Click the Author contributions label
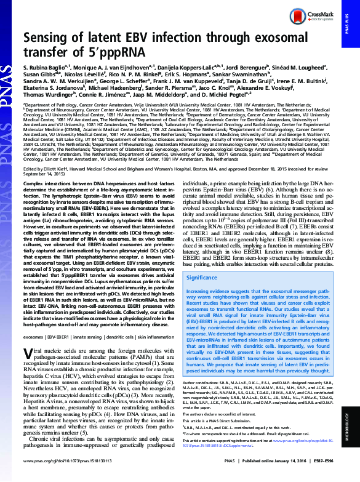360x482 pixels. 210,381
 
